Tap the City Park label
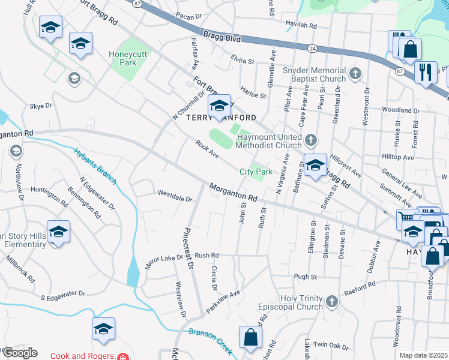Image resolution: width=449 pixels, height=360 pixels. [256, 172]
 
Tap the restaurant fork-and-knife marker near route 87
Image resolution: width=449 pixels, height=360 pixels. [426, 72]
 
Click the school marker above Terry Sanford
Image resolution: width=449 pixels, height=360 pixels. [219, 106]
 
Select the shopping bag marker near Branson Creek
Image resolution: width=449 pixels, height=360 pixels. [250, 338]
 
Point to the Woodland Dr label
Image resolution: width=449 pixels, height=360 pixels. [400, 110]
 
